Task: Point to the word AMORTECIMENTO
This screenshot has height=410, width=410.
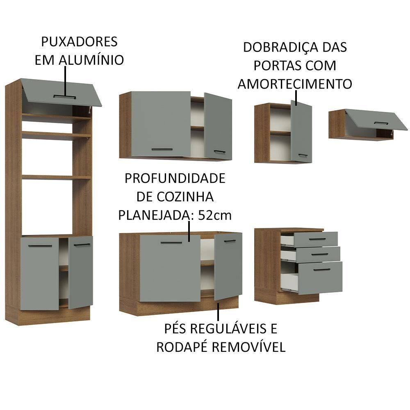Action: coord(295,84)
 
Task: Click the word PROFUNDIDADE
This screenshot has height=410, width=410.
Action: coord(175,178)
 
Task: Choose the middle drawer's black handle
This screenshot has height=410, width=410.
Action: coord(320,254)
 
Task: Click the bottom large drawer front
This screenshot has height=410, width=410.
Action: coord(320,278)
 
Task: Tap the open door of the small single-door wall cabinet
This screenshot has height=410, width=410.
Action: coord(301,131)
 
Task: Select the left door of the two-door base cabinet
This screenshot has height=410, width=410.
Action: coord(170,269)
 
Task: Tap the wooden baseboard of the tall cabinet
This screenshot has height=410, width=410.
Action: coord(48,315)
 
